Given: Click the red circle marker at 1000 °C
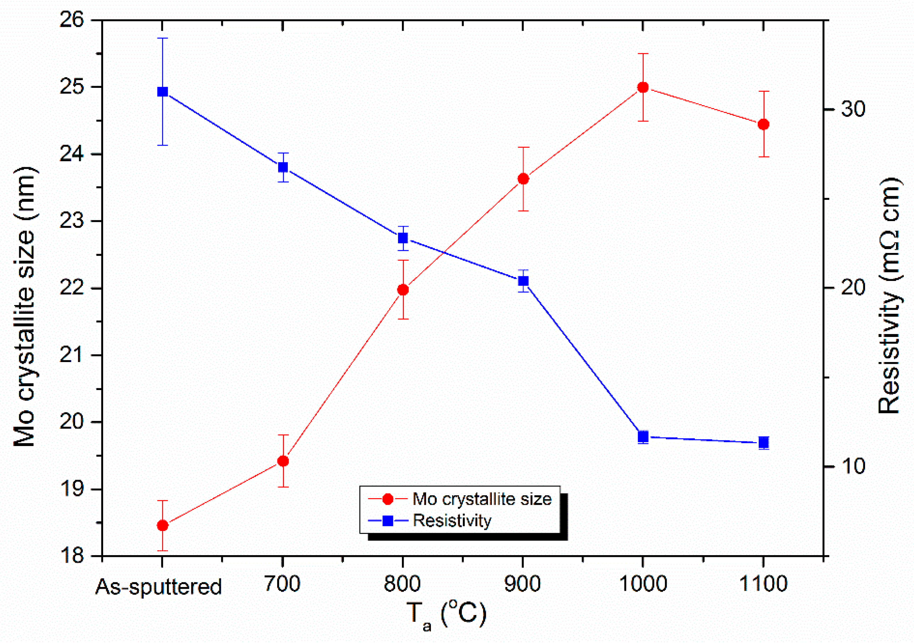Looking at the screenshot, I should point(643,87).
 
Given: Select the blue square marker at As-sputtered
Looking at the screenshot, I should point(162,92).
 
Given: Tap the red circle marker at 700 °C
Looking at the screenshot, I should point(283,461).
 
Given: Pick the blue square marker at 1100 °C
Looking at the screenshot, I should point(763,442).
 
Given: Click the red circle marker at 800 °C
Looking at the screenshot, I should point(403,290).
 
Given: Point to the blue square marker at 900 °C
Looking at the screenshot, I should point(523,281).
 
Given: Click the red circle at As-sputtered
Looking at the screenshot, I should point(162,526).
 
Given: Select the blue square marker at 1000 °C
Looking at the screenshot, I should point(643,436).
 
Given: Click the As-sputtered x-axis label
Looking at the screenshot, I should point(158,587).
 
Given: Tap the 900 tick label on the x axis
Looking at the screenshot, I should point(522,584).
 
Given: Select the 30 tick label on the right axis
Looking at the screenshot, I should point(853,109).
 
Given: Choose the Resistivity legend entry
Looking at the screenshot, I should point(452,520).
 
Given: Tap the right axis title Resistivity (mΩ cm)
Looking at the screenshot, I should point(888,297).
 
